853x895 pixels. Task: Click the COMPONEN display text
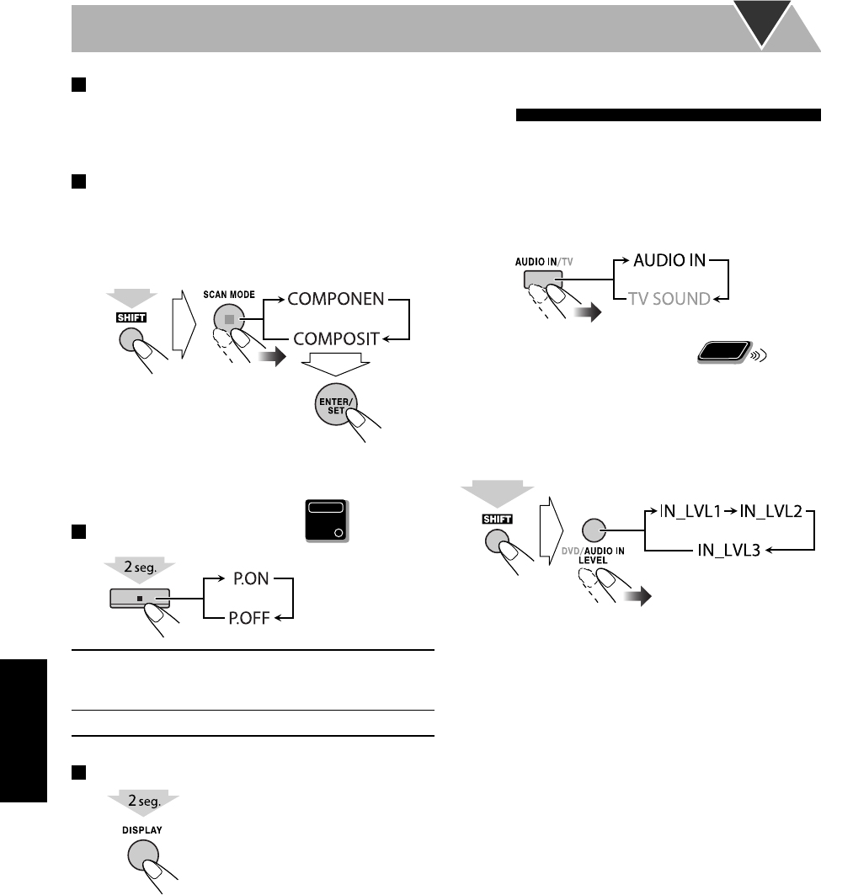tap(335, 299)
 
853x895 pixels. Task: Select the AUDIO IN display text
tap(669, 260)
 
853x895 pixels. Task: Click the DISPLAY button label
tap(144, 828)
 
